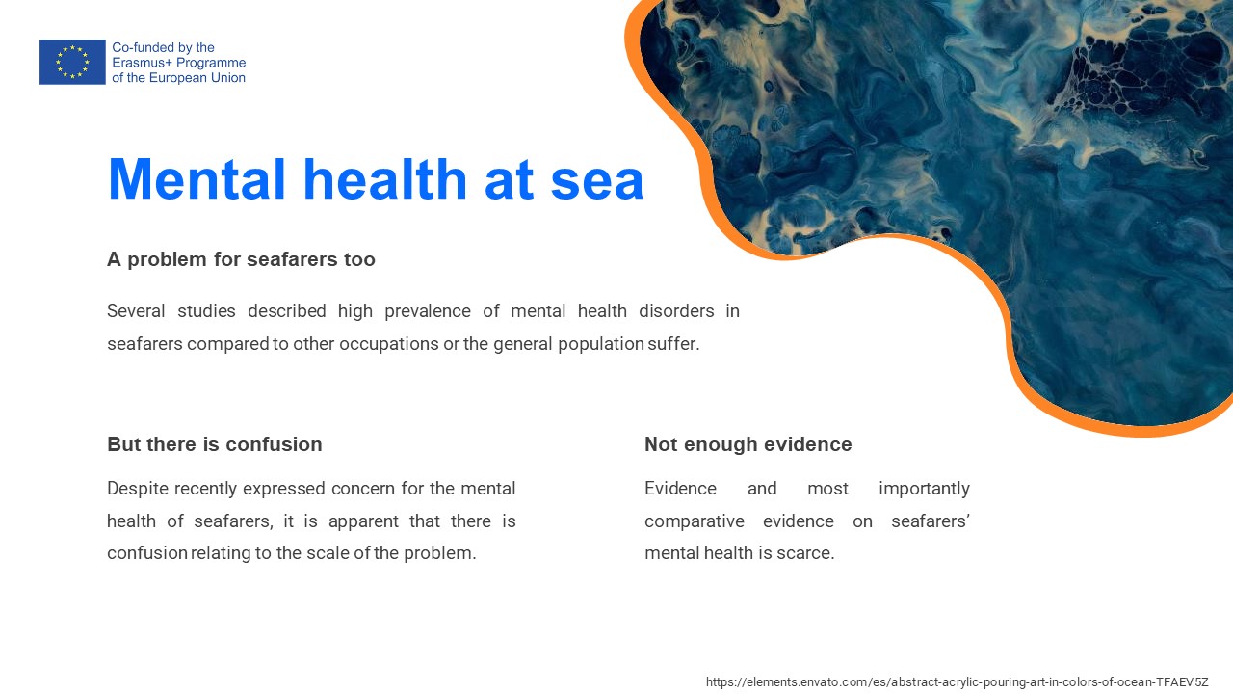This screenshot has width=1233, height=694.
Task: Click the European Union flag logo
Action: (72, 62)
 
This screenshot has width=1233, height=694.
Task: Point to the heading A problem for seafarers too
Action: (241, 259)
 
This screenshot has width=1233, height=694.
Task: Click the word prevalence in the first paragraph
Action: (428, 311)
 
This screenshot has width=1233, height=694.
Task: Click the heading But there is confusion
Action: (215, 444)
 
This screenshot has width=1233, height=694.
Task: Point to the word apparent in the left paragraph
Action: (363, 521)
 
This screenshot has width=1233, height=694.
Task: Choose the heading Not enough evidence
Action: (748, 444)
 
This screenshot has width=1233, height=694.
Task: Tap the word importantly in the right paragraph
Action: (924, 489)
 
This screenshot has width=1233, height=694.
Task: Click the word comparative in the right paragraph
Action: (695, 521)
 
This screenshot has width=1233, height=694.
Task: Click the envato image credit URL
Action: (958, 681)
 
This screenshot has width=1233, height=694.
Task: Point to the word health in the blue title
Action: (384, 179)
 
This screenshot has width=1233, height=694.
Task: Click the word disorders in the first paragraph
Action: (676, 311)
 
